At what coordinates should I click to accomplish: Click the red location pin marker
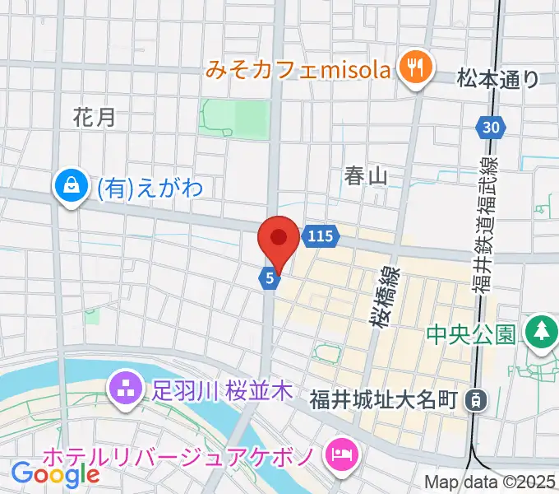pos(278,240)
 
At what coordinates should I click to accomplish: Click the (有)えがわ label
pos(150,189)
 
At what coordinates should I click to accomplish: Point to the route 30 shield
pos(491,127)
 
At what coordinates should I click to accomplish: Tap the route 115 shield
pos(321,237)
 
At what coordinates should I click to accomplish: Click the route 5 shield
pos(270,280)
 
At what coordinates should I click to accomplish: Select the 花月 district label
pos(94,117)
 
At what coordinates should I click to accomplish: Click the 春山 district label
pos(366,175)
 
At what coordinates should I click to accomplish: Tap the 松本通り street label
pos(498,79)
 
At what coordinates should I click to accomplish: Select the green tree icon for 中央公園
pos(541,331)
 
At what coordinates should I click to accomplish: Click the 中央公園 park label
pos(471,334)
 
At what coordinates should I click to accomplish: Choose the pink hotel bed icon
pos(339,454)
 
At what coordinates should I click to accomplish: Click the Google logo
pos(55,473)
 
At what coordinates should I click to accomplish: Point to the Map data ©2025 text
pos(491,482)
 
